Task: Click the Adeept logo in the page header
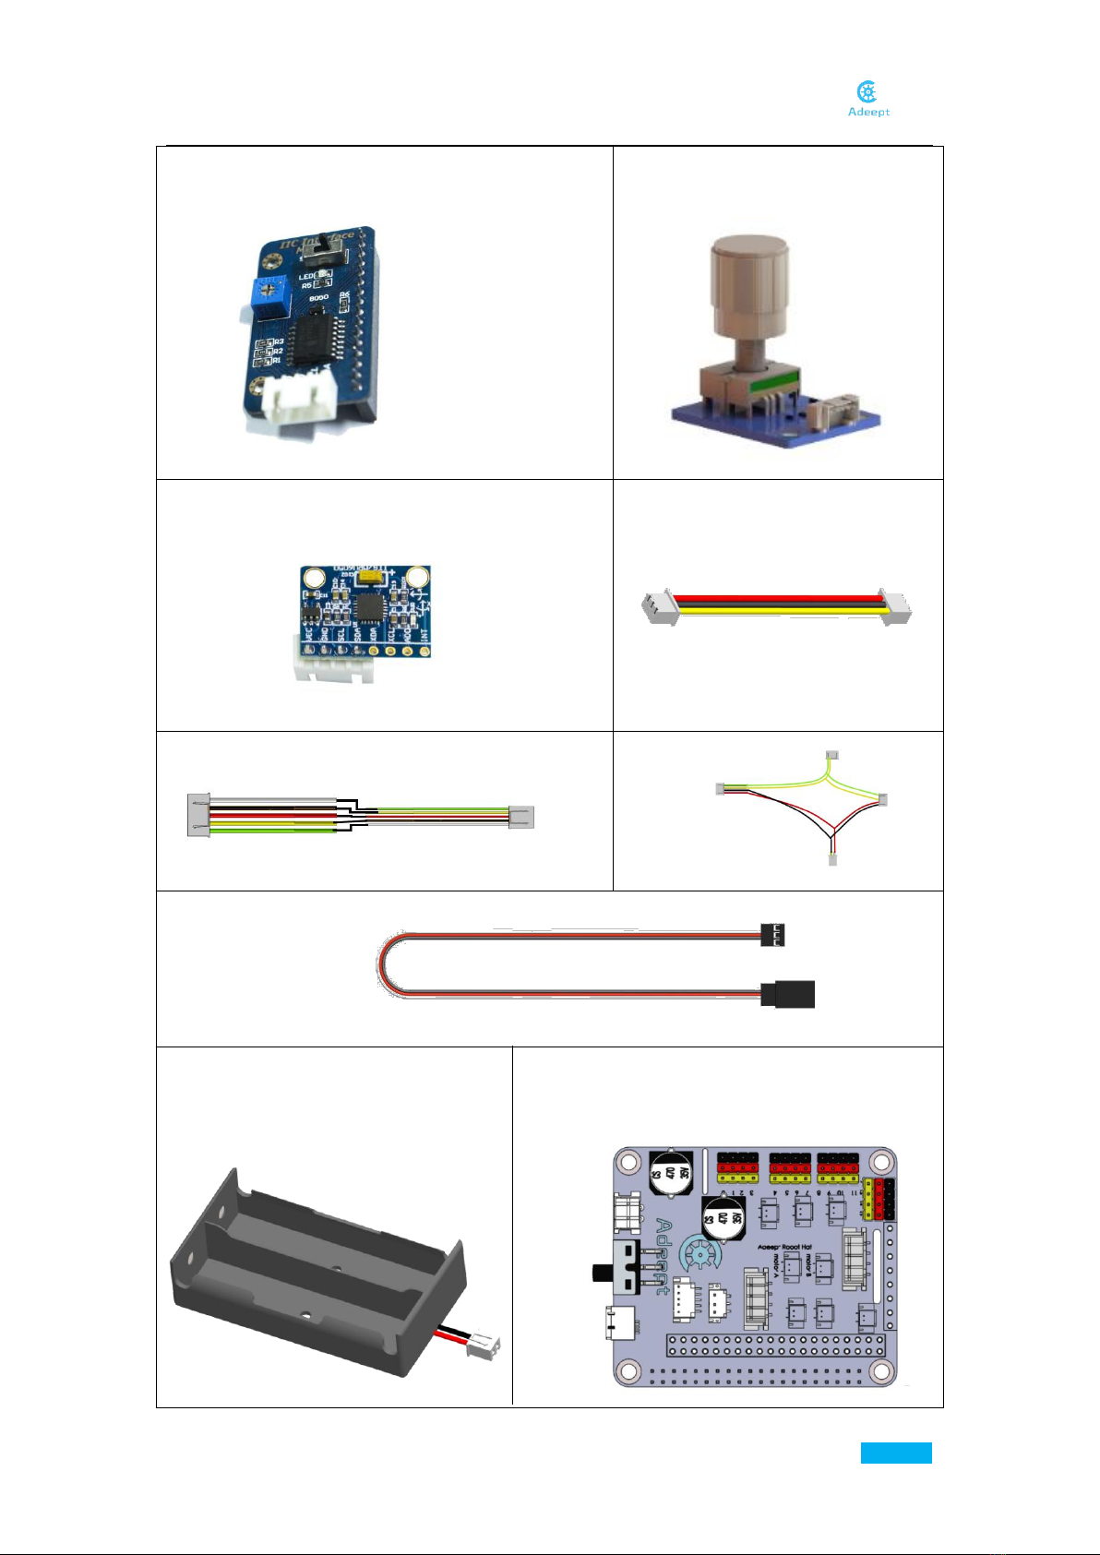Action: pyautogui.click(x=867, y=99)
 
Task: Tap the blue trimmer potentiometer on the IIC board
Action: pyautogui.click(x=266, y=296)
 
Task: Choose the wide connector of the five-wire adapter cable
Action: pyautogui.click(x=198, y=815)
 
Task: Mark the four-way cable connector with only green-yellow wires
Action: pyautogui.click(x=831, y=755)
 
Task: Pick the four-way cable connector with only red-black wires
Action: pyautogui.click(x=832, y=860)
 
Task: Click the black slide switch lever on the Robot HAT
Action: pyautogui.click(x=604, y=1273)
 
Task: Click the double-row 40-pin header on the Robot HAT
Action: pyautogui.click(x=776, y=1345)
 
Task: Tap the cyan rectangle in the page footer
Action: pyautogui.click(x=896, y=1453)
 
